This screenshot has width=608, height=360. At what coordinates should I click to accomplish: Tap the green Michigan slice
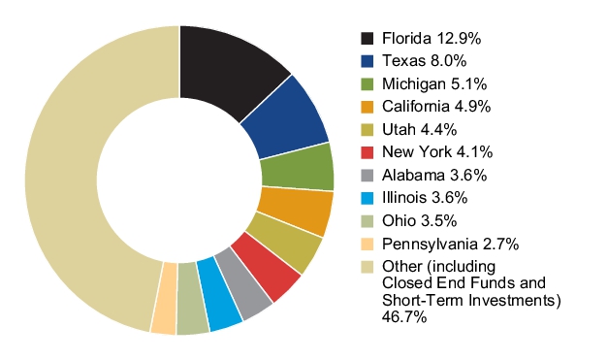tap(298, 169)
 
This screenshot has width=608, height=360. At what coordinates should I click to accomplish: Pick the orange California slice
tap(295, 211)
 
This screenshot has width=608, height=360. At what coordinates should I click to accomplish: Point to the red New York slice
tap(268, 265)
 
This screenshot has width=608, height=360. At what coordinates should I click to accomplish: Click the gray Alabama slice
tap(244, 286)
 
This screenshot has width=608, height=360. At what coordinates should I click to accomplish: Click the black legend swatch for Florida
tap(368, 39)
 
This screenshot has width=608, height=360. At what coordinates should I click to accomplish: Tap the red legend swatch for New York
tap(368, 152)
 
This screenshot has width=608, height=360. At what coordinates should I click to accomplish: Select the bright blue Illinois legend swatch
tap(368, 198)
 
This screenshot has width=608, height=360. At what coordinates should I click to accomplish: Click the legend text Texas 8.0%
tap(424, 61)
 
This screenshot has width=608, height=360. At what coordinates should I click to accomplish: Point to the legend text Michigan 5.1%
tap(434, 83)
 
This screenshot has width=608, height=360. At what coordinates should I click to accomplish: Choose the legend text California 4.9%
tap(436, 107)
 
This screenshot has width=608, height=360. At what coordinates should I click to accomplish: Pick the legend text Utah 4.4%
tap(419, 130)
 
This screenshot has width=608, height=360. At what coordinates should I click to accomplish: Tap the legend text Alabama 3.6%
tap(434, 175)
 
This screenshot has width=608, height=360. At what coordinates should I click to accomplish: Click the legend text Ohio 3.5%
tap(419, 220)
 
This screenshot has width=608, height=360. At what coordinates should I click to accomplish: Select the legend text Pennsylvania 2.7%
tap(450, 244)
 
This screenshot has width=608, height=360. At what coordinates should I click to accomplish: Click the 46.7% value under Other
tap(404, 317)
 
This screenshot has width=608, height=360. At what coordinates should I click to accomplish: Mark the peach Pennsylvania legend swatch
tap(368, 244)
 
